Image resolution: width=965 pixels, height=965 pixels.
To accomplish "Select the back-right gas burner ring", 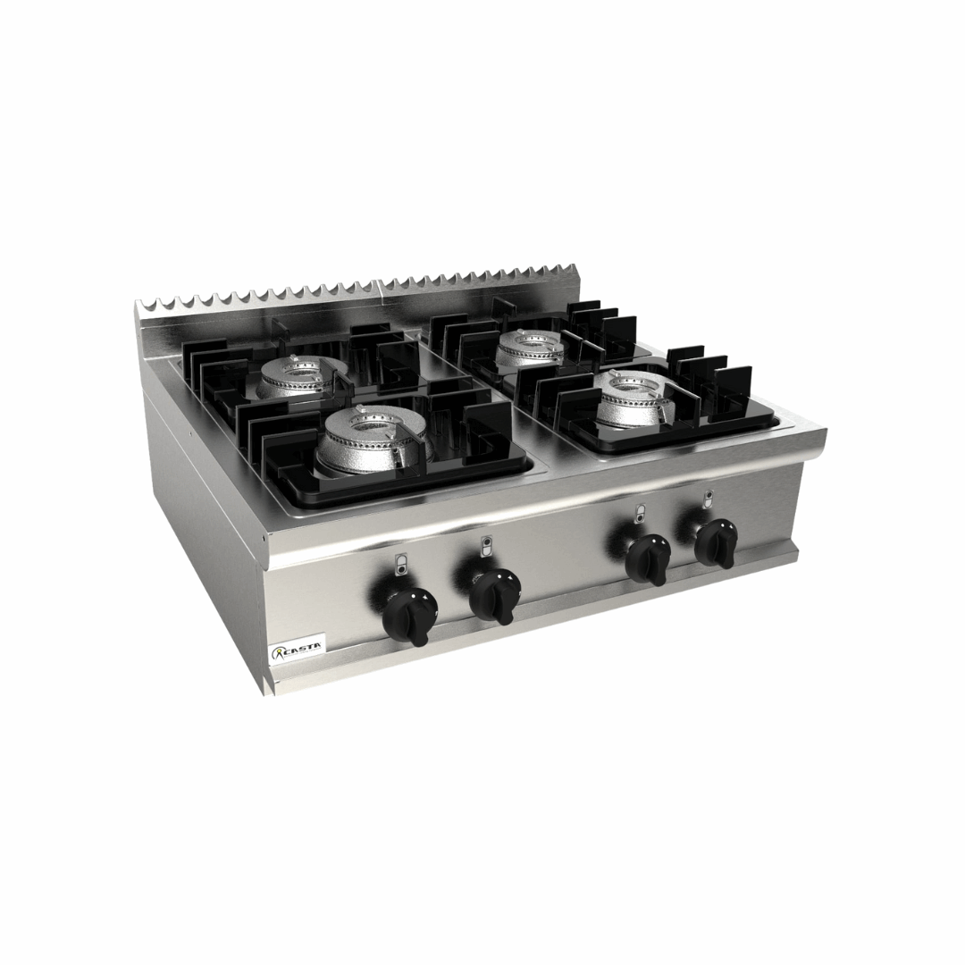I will coord(530,348).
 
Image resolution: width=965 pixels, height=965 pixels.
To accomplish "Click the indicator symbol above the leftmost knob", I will coord(399,563).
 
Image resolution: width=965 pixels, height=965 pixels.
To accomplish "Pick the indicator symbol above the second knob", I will coord(485,544).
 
